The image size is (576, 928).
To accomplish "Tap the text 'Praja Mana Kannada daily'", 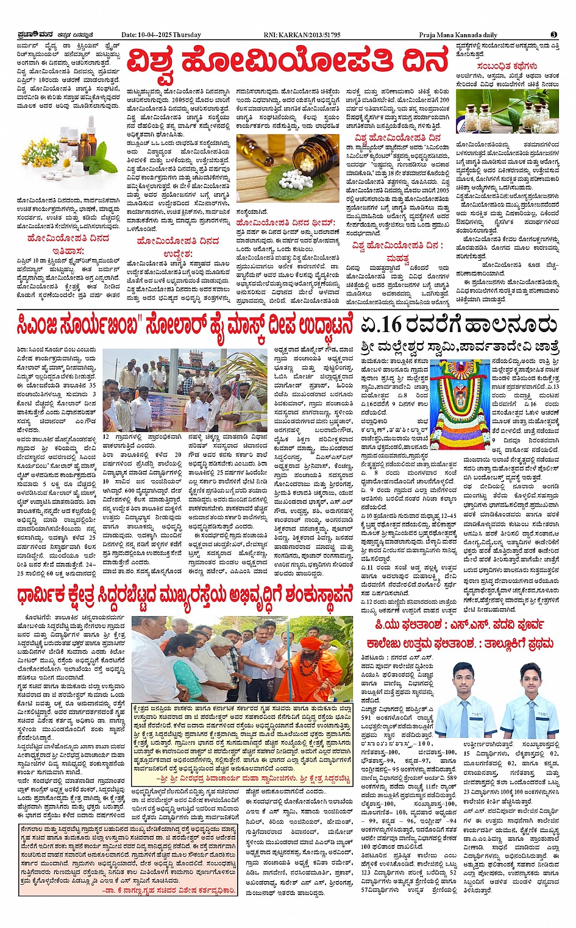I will [458, 35].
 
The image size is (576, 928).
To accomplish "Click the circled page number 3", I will [553, 35].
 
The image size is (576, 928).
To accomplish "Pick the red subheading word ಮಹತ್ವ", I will [397, 258].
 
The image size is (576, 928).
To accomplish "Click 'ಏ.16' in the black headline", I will [380, 324].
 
